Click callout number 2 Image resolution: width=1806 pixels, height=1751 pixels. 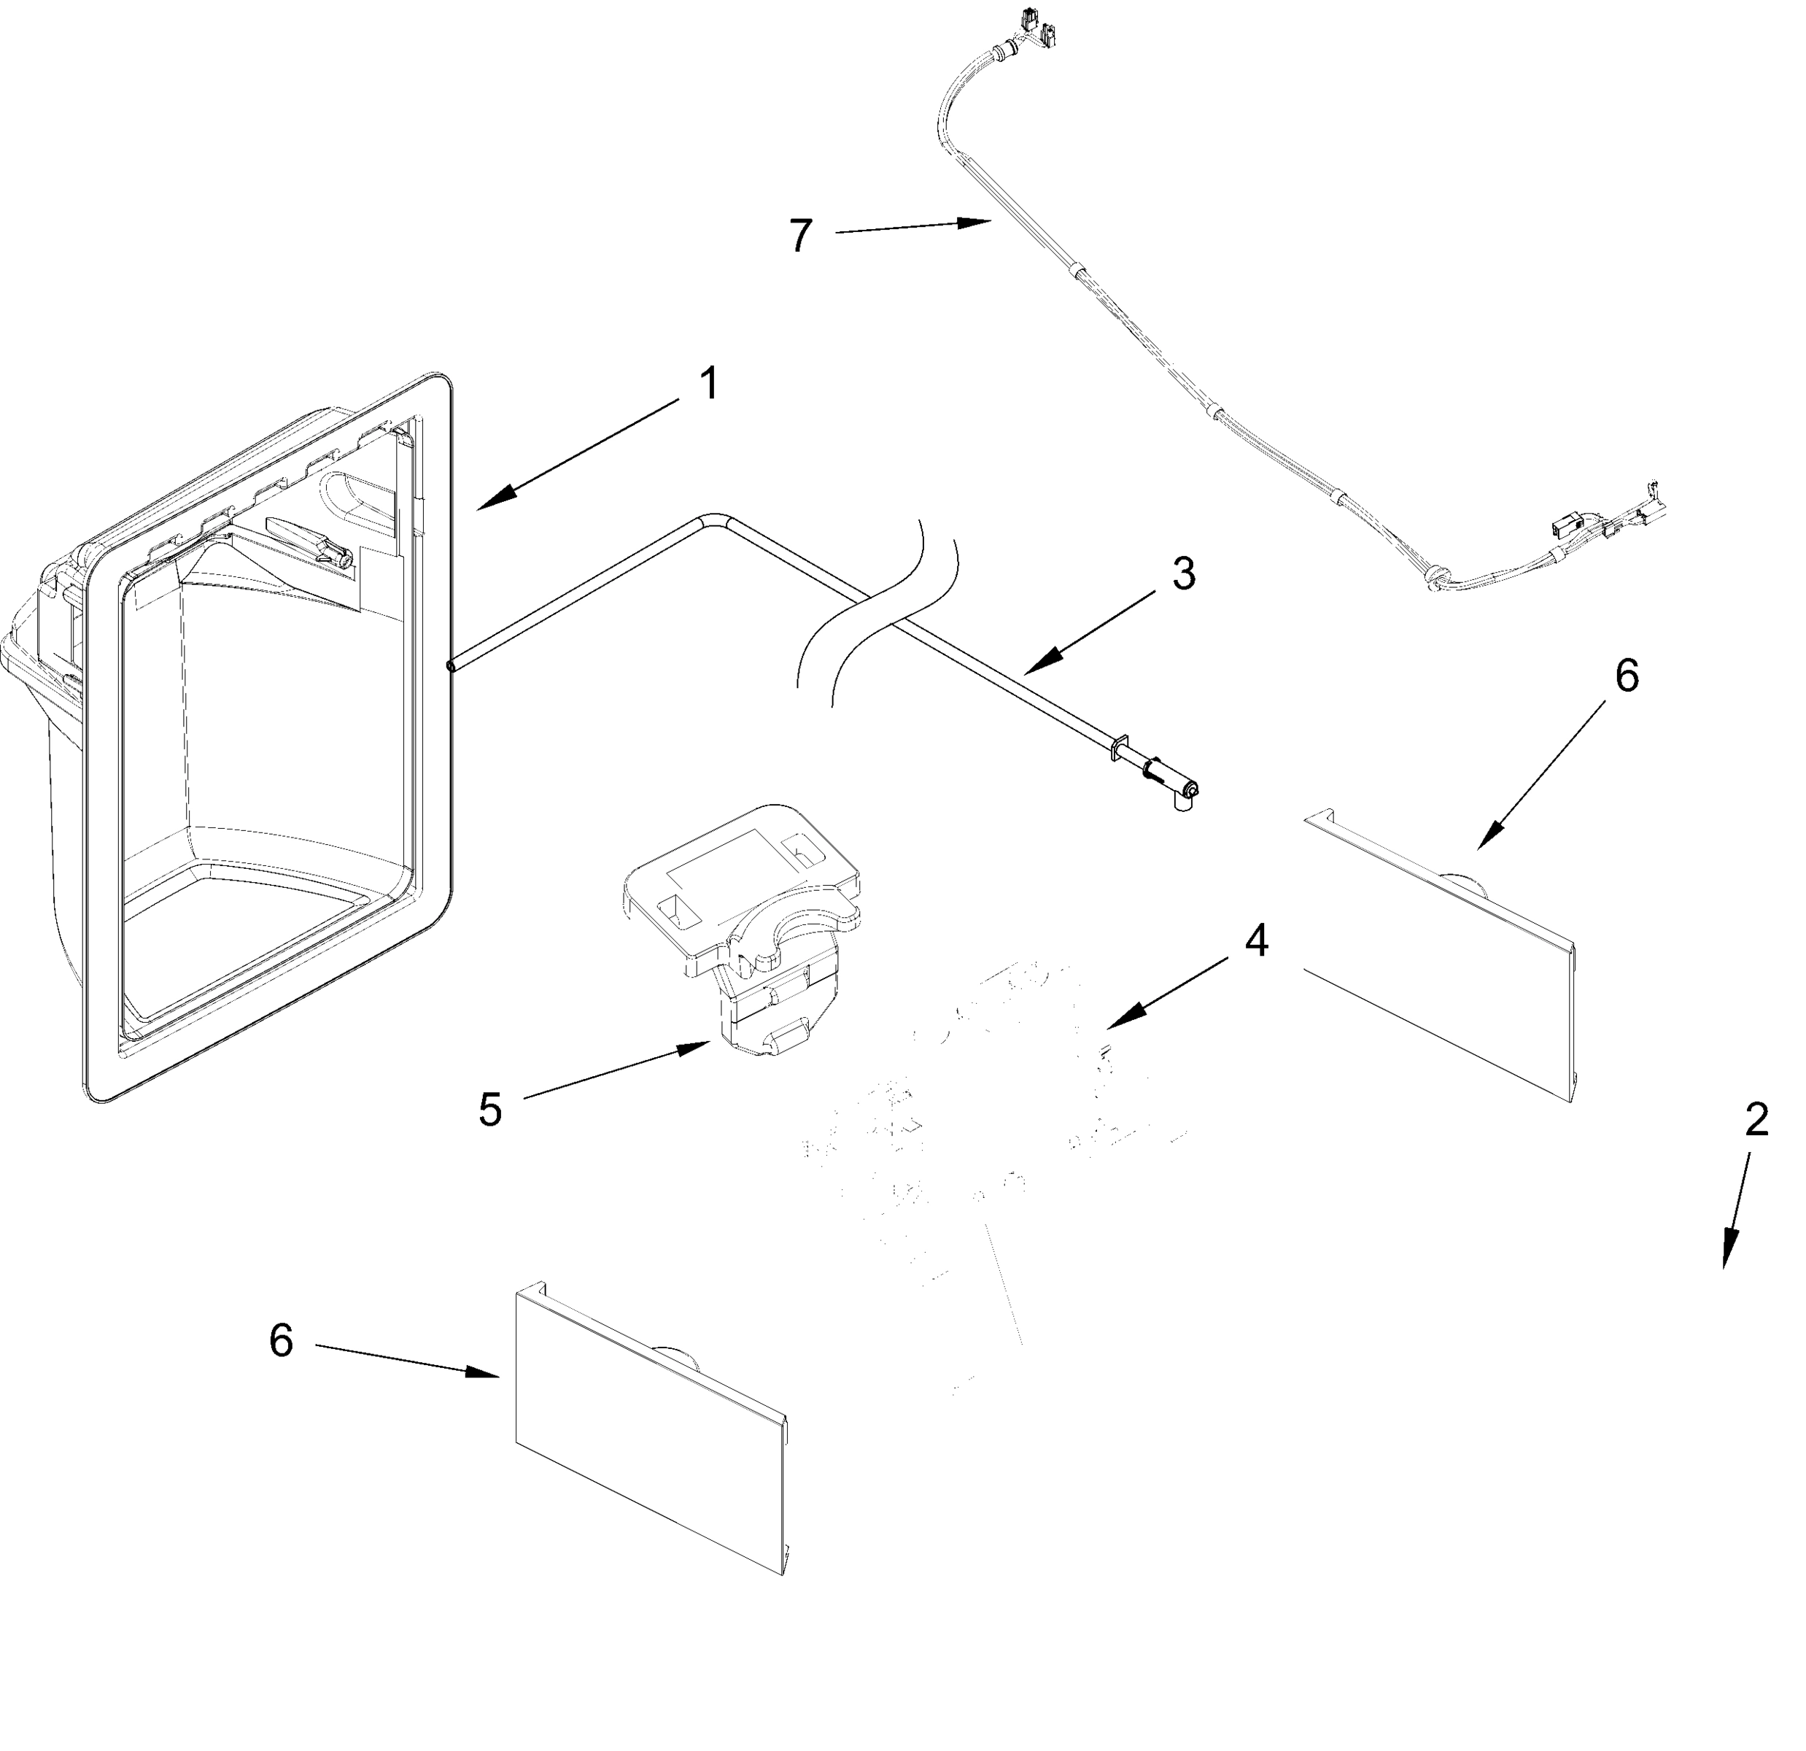(1756, 1120)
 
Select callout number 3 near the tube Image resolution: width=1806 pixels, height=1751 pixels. (1183, 574)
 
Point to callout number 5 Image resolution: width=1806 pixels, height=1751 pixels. (490, 1110)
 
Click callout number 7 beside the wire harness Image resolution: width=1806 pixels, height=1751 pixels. (801, 236)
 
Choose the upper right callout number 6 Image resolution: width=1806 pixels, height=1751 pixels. (1627, 676)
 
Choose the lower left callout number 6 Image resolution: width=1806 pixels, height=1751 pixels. (281, 1340)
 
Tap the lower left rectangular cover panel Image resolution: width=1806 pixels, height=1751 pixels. (650, 1430)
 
